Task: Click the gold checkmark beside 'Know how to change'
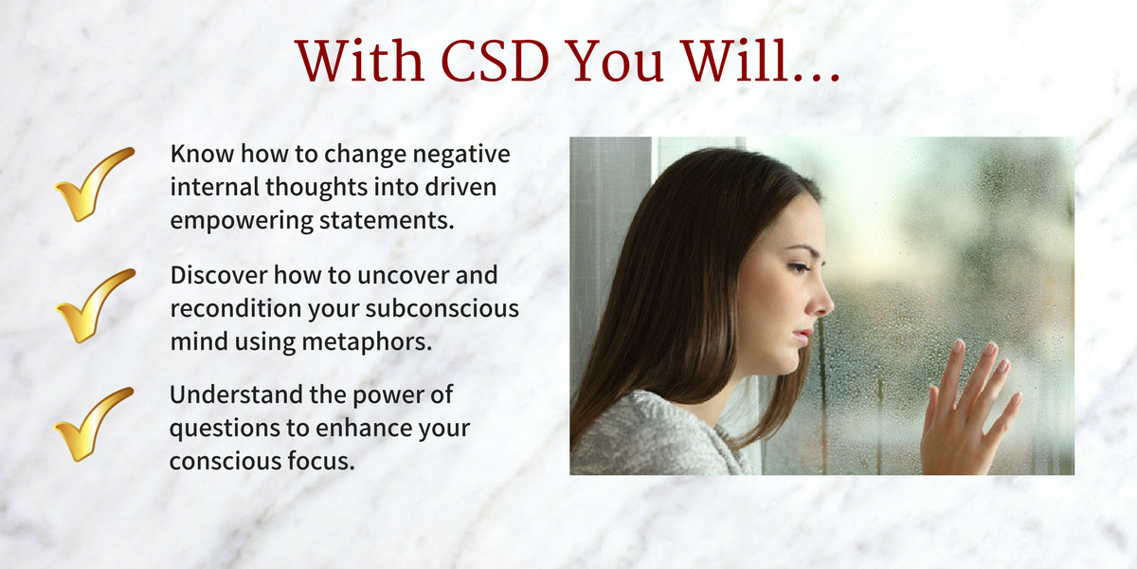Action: (95, 184)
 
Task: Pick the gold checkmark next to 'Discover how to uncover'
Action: (96, 305)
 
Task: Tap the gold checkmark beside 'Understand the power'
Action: (94, 425)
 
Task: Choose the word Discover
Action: (219, 275)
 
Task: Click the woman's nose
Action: (821, 301)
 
